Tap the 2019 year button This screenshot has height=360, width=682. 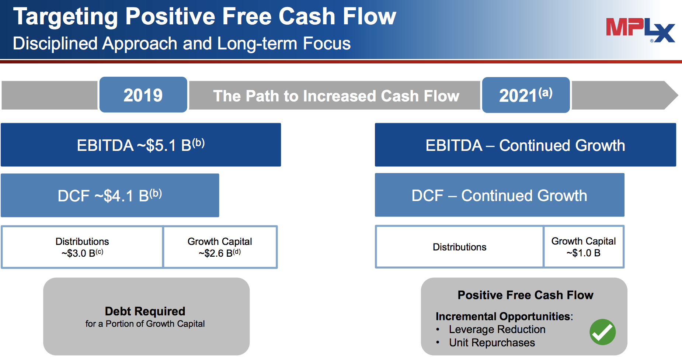pos(143,95)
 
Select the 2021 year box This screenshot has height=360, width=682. pos(526,95)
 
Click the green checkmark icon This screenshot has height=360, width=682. pos(602,332)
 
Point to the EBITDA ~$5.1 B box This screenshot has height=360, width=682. pos(141,145)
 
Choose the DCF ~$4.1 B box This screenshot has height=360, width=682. pos(110,195)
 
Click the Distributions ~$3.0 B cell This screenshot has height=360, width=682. pos(82,247)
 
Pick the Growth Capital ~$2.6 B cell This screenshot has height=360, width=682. pos(220,247)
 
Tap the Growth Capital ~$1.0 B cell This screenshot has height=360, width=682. pos(584,247)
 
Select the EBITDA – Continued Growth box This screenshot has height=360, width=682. pos(525,145)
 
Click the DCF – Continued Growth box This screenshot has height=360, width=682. pos(500,195)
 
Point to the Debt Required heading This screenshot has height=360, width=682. pos(145,311)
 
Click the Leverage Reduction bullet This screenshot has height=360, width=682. pos(497,329)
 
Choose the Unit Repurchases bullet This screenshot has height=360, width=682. pos(492,343)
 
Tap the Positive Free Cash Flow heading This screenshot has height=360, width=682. pos(525,295)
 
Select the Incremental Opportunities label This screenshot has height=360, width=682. pos(504,316)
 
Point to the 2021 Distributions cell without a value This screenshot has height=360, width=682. pos(459,247)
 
